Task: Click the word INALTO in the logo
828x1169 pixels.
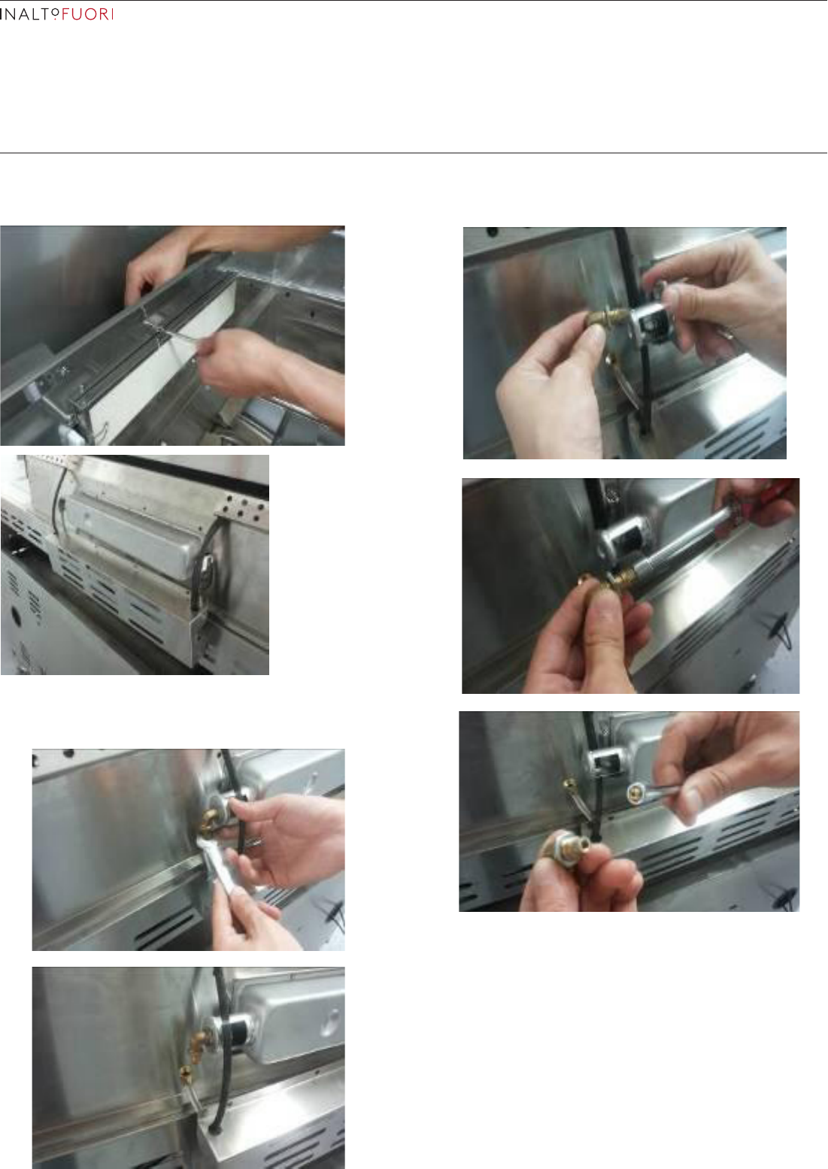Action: (x=29, y=14)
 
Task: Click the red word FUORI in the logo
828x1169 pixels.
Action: (x=87, y=14)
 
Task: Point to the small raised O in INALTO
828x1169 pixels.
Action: (x=55, y=11)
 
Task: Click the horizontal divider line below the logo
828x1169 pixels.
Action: (x=414, y=153)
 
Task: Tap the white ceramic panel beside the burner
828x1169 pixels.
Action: (x=156, y=365)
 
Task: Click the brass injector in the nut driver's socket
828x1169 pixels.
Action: (x=634, y=794)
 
